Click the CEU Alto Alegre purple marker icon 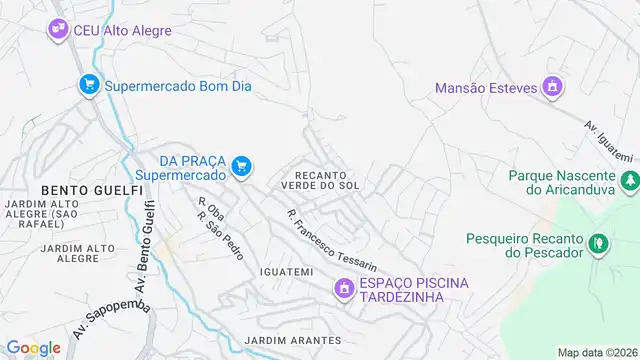58,31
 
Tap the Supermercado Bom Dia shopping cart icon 89,86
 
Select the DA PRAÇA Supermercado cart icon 240,166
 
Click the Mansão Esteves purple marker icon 550,88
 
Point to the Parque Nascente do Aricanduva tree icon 630,182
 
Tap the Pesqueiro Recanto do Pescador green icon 598,243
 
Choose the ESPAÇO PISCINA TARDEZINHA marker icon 344,290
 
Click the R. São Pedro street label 220,236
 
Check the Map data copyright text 596,352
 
